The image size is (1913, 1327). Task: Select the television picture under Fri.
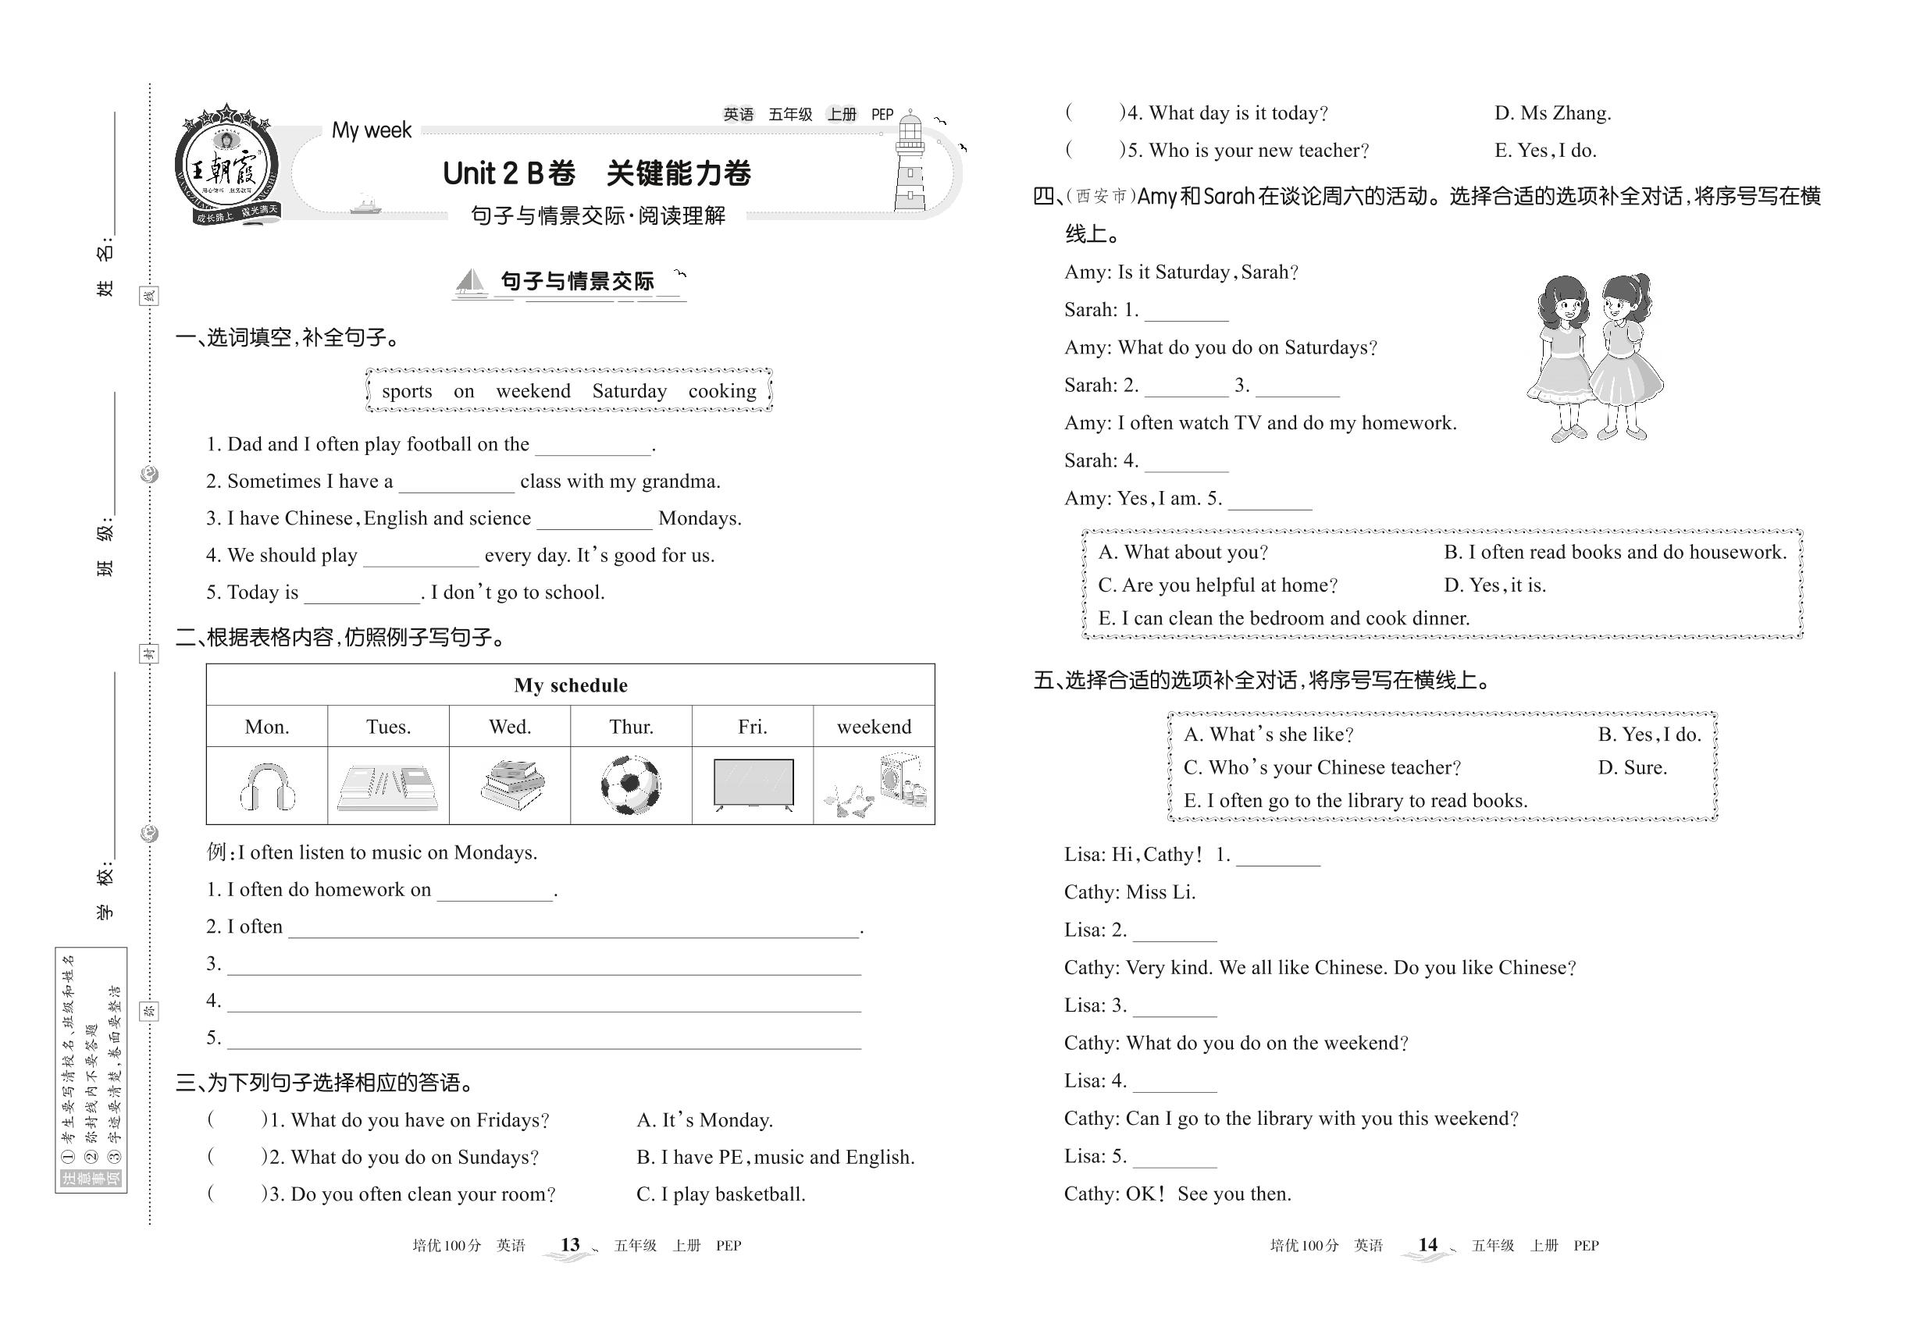point(753,784)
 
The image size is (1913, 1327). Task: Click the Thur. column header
point(630,727)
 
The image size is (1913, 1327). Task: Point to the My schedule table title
point(571,685)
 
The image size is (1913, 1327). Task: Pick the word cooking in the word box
point(722,391)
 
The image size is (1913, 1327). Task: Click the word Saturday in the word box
point(629,391)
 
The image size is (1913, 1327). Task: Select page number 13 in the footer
point(570,1245)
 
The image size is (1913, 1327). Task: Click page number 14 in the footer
point(1427,1245)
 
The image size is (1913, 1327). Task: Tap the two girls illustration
point(1593,358)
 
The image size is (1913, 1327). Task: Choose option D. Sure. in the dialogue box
point(1632,767)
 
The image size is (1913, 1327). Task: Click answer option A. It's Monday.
point(704,1120)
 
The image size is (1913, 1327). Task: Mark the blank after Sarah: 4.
point(1186,462)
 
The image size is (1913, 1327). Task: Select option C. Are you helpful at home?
point(1217,585)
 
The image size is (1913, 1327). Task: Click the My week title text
point(371,130)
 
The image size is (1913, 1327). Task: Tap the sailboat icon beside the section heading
point(471,283)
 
